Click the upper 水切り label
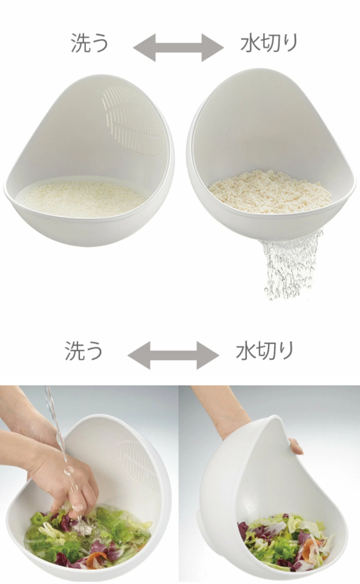point(269,43)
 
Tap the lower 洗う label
point(83,351)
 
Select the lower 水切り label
point(265,351)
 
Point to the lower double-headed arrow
point(173,355)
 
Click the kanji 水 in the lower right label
point(245,351)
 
